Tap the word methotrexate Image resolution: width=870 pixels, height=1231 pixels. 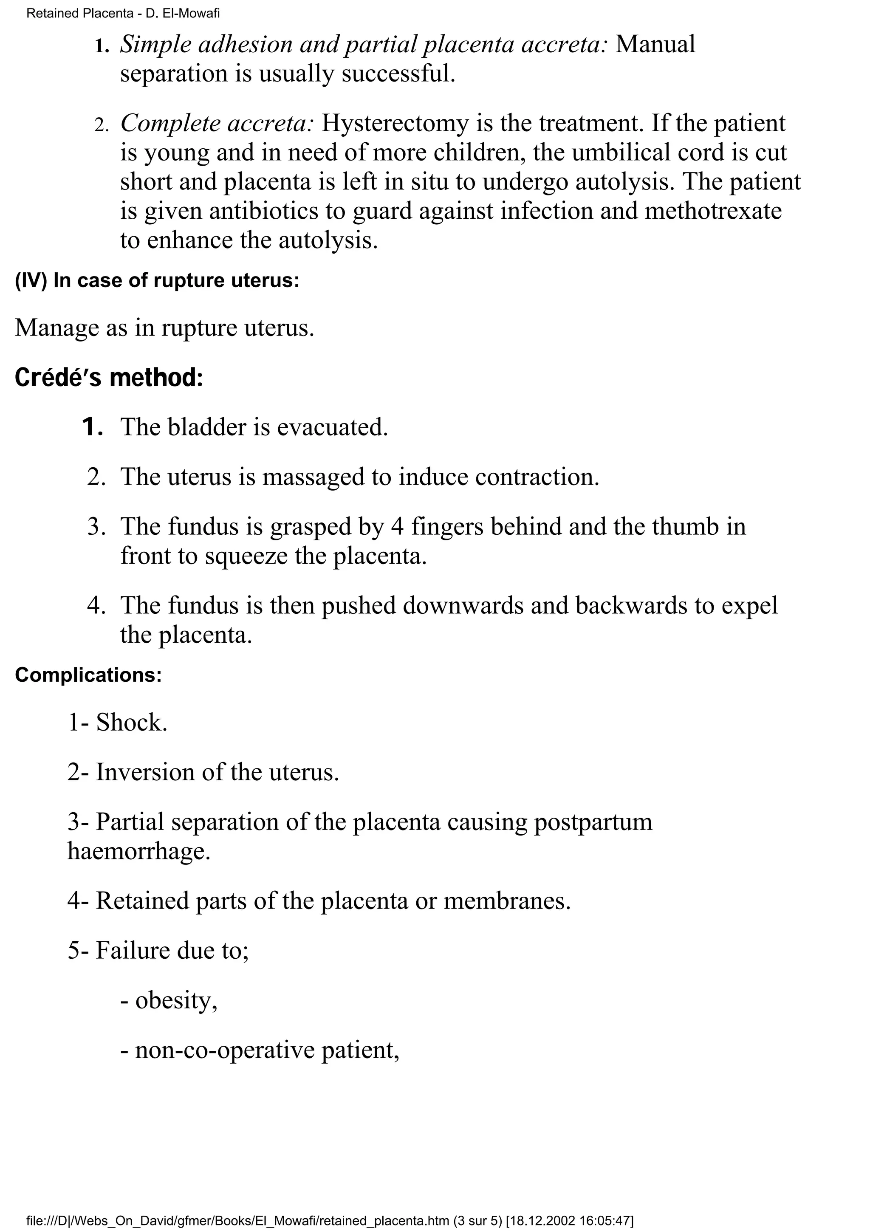click(x=713, y=211)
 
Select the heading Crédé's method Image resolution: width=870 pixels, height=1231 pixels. click(x=109, y=378)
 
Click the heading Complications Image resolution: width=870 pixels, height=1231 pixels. click(x=88, y=675)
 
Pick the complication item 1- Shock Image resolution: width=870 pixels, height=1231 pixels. click(x=117, y=723)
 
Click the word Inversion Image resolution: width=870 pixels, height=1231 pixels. click(x=145, y=773)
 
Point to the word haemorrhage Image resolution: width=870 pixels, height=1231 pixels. click(x=139, y=851)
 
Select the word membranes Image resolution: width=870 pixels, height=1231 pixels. click(x=506, y=901)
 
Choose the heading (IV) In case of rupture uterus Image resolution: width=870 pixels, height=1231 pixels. click(x=156, y=281)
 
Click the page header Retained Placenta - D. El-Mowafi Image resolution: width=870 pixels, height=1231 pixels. click(x=123, y=14)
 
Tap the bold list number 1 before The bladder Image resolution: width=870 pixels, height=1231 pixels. click(x=92, y=427)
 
